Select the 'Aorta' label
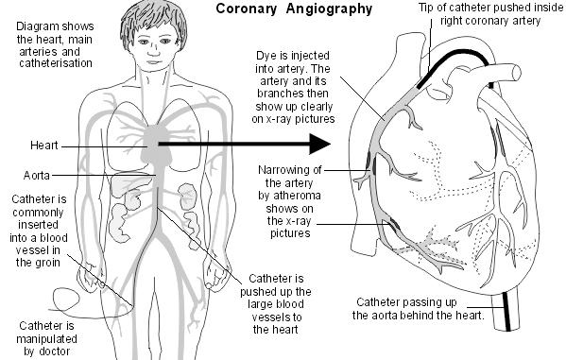(37, 176)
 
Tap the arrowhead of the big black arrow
(320, 145)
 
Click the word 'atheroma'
(296, 195)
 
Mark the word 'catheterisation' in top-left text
(53, 63)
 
